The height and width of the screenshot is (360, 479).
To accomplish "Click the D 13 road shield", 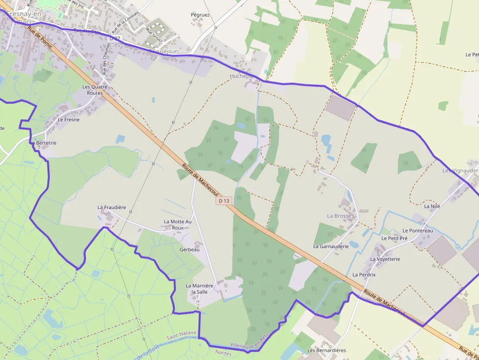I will [x=224, y=201].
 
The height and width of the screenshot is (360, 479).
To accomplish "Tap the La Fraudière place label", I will [x=111, y=208].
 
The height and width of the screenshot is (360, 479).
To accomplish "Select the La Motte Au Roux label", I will [x=178, y=225].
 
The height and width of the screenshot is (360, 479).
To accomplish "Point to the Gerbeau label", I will [x=190, y=250].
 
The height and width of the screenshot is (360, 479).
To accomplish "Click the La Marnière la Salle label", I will [x=199, y=288].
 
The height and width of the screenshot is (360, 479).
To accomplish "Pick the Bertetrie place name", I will [x=46, y=143].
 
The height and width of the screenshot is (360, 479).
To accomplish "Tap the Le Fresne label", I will [x=68, y=119].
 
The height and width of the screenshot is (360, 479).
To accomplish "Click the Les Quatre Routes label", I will [x=95, y=90].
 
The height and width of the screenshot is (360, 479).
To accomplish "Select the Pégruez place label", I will [x=200, y=15].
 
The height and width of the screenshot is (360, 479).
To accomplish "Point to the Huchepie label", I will [x=241, y=76].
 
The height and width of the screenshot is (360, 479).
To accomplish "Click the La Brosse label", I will [x=339, y=215].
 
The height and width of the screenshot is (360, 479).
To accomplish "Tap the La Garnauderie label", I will [x=331, y=247].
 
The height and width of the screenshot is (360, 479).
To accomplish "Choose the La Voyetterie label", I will [x=385, y=259].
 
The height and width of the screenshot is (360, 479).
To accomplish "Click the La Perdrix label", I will [x=364, y=275].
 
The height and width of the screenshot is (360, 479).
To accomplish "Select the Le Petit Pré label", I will [x=394, y=238].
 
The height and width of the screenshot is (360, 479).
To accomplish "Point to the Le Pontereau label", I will [x=417, y=231].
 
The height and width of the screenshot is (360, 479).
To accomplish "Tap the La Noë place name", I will [x=432, y=206].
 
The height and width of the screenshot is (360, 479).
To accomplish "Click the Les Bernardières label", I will [x=327, y=350].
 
